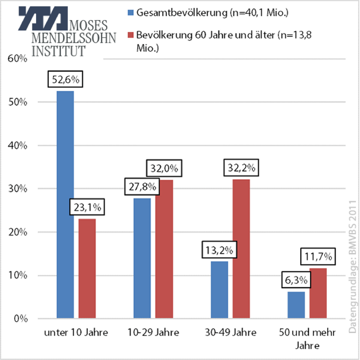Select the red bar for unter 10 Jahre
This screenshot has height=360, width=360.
click(x=87, y=269)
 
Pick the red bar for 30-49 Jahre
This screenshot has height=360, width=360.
click(x=241, y=249)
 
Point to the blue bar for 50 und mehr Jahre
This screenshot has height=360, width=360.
click(x=296, y=305)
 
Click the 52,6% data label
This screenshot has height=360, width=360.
click(x=66, y=80)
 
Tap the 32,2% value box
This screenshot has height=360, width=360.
click(x=241, y=168)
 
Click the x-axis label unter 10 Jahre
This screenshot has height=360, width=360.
click(x=76, y=333)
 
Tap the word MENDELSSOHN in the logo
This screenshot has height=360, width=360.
click(x=74, y=38)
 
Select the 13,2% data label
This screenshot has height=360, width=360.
click(x=219, y=249)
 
